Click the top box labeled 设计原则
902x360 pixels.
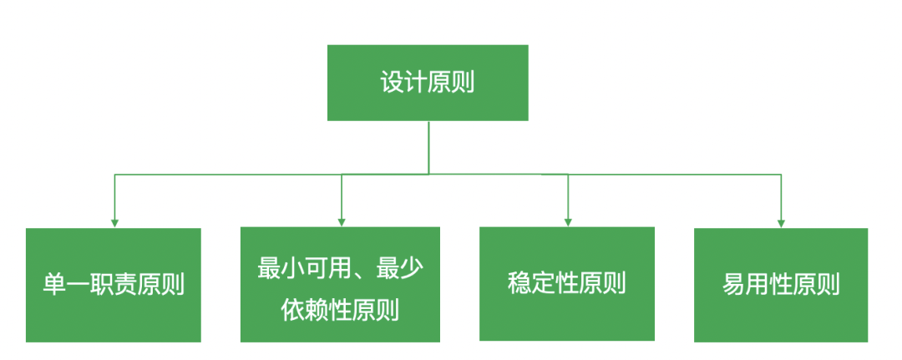tap(428, 83)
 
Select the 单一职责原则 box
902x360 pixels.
tap(114, 285)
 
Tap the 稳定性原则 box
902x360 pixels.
tap(566, 284)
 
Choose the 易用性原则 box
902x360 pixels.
tap(781, 285)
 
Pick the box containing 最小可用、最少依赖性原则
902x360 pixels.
tap(340, 285)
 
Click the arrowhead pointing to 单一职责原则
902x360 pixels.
tap(114, 222)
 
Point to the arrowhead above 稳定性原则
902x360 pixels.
tap(569, 222)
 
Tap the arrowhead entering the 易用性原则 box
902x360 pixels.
tap(781, 223)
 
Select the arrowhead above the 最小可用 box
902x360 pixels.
tap(341, 222)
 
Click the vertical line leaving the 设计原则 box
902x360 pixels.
tap(428, 147)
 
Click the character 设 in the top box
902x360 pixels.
tap(392, 83)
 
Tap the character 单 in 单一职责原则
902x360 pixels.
tap(54, 285)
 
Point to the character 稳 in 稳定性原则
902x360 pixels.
tap(519, 283)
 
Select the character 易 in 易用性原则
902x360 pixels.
tap(733, 285)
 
